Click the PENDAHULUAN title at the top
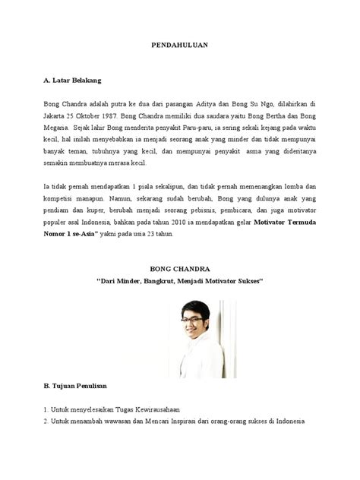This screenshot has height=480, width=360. point(180,46)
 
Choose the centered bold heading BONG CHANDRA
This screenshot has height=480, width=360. point(179,267)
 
